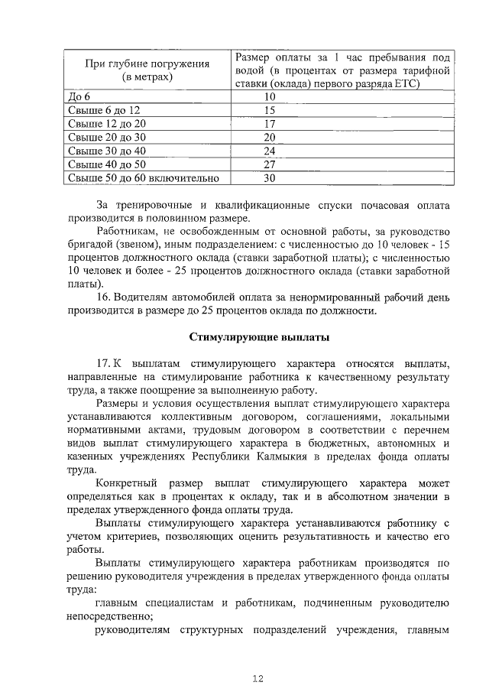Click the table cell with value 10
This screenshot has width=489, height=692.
point(269,97)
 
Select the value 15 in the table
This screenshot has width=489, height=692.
point(269,110)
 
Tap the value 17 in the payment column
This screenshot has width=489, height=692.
point(269,124)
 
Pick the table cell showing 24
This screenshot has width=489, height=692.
point(269,151)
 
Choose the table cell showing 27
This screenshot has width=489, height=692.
point(269,165)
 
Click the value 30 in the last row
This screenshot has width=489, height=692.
point(269,179)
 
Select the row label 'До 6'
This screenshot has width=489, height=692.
point(79,97)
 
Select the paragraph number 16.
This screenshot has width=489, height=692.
point(105,297)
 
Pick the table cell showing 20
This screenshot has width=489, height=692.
point(269,138)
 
